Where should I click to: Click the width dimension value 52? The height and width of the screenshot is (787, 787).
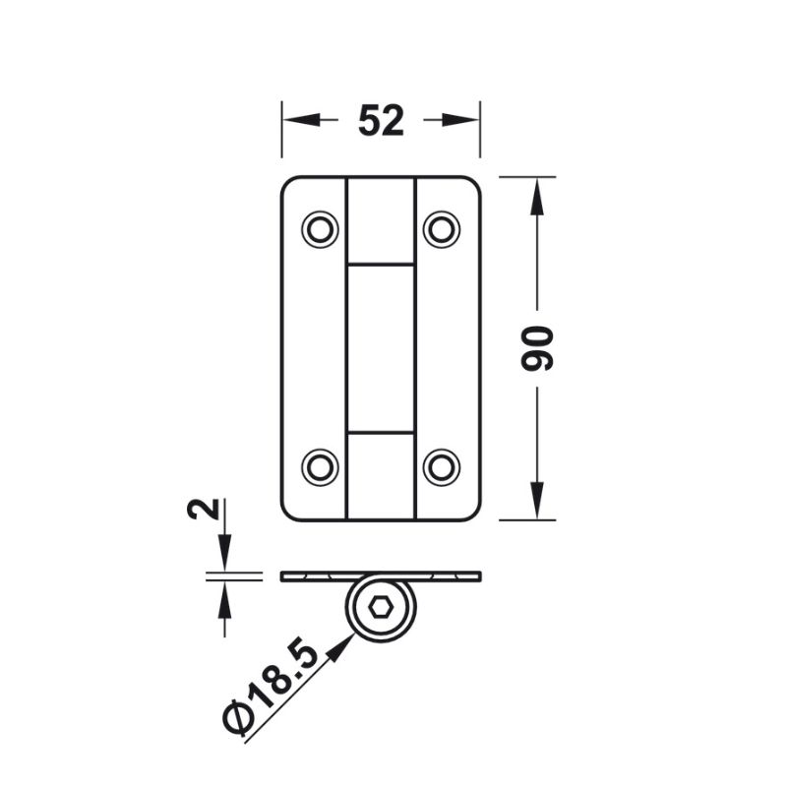pyautogui.click(x=381, y=120)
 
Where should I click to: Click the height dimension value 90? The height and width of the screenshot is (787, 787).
pyautogui.click(x=536, y=348)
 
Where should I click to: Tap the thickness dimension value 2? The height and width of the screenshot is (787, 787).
pyautogui.click(x=204, y=509)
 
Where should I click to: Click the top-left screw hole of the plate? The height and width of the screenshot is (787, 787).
pyautogui.click(x=320, y=229)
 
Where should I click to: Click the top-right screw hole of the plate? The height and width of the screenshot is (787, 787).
pyautogui.click(x=441, y=229)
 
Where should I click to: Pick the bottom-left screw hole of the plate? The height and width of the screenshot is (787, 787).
pyautogui.click(x=320, y=467)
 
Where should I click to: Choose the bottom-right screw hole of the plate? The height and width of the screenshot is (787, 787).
pyautogui.click(x=441, y=467)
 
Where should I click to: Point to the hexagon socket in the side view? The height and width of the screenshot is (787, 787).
pyautogui.click(x=381, y=608)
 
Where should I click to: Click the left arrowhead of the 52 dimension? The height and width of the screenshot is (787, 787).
pyautogui.click(x=301, y=120)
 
